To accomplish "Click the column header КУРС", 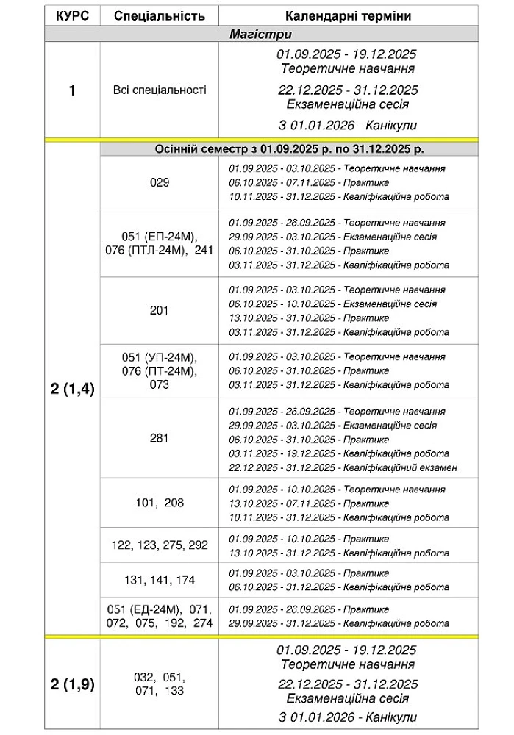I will [71, 15].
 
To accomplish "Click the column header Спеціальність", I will [159, 15].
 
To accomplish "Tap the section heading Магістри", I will [260, 34].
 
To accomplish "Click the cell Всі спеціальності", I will [159, 90].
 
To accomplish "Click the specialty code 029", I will [159, 182].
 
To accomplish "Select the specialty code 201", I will [159, 310].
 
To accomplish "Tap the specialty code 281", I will [159, 438].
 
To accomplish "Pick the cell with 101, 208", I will [159, 503].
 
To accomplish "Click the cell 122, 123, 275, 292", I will [159, 545].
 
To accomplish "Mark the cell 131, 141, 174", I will [159, 580].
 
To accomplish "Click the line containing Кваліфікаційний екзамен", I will [343, 467].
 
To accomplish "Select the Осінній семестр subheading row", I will [289, 149].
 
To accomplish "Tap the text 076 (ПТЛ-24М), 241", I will [159, 249].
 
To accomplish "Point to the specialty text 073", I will [159, 384].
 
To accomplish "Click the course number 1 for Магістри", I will [71, 91].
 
